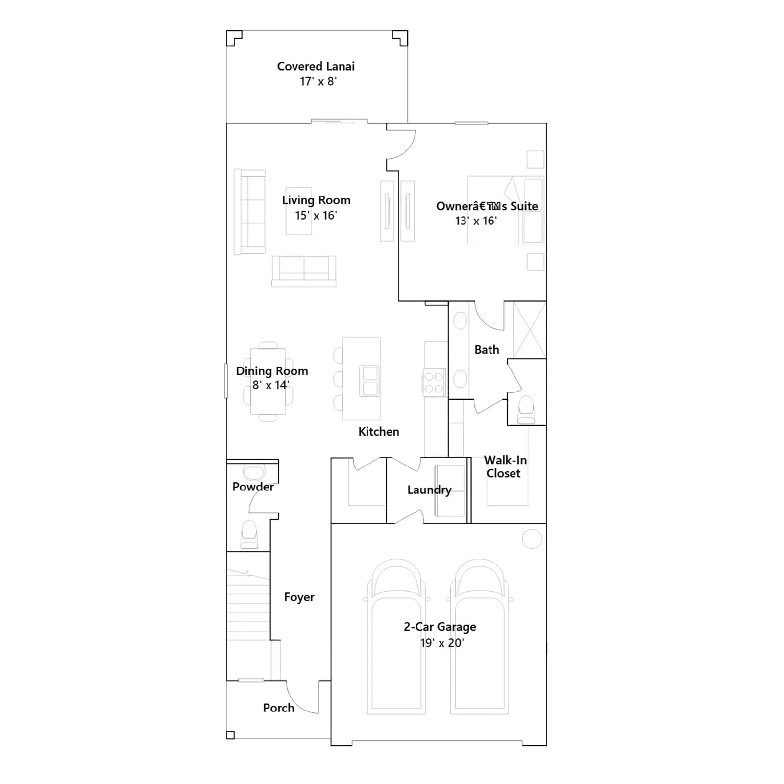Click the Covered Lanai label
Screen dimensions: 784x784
[316, 66]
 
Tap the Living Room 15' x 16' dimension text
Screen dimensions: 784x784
[316, 216]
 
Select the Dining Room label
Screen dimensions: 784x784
[272, 371]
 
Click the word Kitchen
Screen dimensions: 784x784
[379, 432]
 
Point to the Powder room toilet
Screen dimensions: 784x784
[249, 535]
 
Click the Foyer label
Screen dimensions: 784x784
[299, 597]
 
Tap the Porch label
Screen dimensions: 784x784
[278, 708]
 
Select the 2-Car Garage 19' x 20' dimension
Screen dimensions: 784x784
[442, 643]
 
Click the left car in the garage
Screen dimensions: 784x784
[396, 637]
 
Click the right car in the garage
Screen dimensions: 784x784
[480, 637]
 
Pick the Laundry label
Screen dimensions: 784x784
[429, 490]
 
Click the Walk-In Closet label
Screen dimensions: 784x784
[505, 466]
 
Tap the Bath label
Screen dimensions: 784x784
[487, 350]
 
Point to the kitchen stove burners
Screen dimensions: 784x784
[434, 383]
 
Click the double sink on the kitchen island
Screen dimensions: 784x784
[370, 381]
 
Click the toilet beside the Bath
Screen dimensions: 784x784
[526, 410]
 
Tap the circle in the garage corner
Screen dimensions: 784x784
[532, 539]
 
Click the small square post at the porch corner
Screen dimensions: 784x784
[230, 735]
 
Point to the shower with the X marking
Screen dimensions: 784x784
[530, 330]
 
